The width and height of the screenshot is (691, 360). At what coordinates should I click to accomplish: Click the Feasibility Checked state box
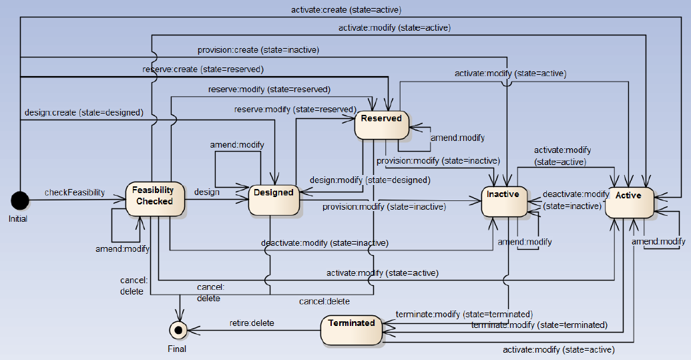tap(153, 196)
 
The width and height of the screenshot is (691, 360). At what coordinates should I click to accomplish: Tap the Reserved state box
tap(381, 124)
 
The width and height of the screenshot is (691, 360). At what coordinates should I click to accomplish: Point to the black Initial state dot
tap(19, 200)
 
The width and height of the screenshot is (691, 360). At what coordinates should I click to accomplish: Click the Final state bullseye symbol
tap(178, 329)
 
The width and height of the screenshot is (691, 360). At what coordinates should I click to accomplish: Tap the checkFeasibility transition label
tap(75, 192)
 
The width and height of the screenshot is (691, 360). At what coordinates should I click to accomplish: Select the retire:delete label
tap(252, 323)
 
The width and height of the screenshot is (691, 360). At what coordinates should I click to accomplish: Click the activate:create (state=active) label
tap(346, 9)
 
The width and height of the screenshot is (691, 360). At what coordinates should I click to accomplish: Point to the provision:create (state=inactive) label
tap(258, 49)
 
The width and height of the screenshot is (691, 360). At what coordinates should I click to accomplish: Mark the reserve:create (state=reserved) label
tap(203, 69)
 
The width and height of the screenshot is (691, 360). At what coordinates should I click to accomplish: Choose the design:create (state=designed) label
tap(83, 112)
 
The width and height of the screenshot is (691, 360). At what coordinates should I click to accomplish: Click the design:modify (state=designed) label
tap(369, 180)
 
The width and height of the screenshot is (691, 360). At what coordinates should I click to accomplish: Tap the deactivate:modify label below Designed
tap(324, 242)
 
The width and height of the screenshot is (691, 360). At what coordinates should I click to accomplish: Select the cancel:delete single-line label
tap(324, 301)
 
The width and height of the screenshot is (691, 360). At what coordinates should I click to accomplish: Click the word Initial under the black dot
tap(18, 218)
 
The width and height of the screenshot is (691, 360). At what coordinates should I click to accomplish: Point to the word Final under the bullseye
tap(177, 348)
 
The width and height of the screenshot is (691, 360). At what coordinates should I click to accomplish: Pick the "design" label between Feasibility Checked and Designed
tap(207, 192)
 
